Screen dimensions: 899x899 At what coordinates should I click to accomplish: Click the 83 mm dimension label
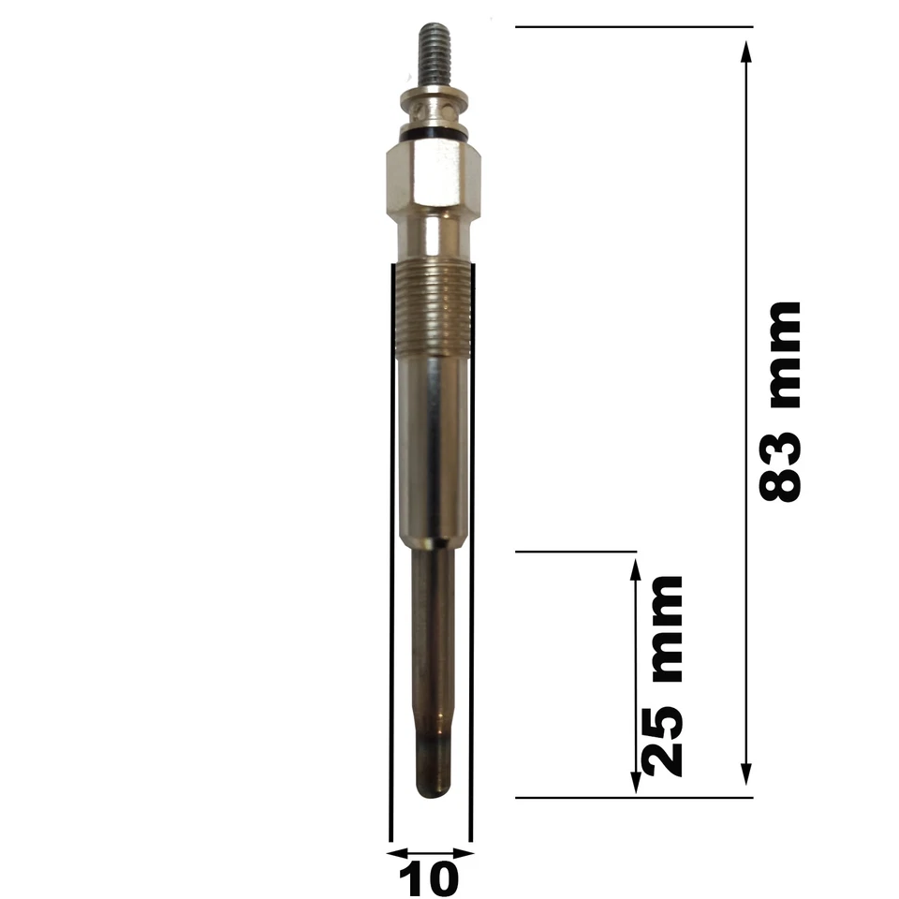pos(781,402)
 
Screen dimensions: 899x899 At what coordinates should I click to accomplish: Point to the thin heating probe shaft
pos(434,656)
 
